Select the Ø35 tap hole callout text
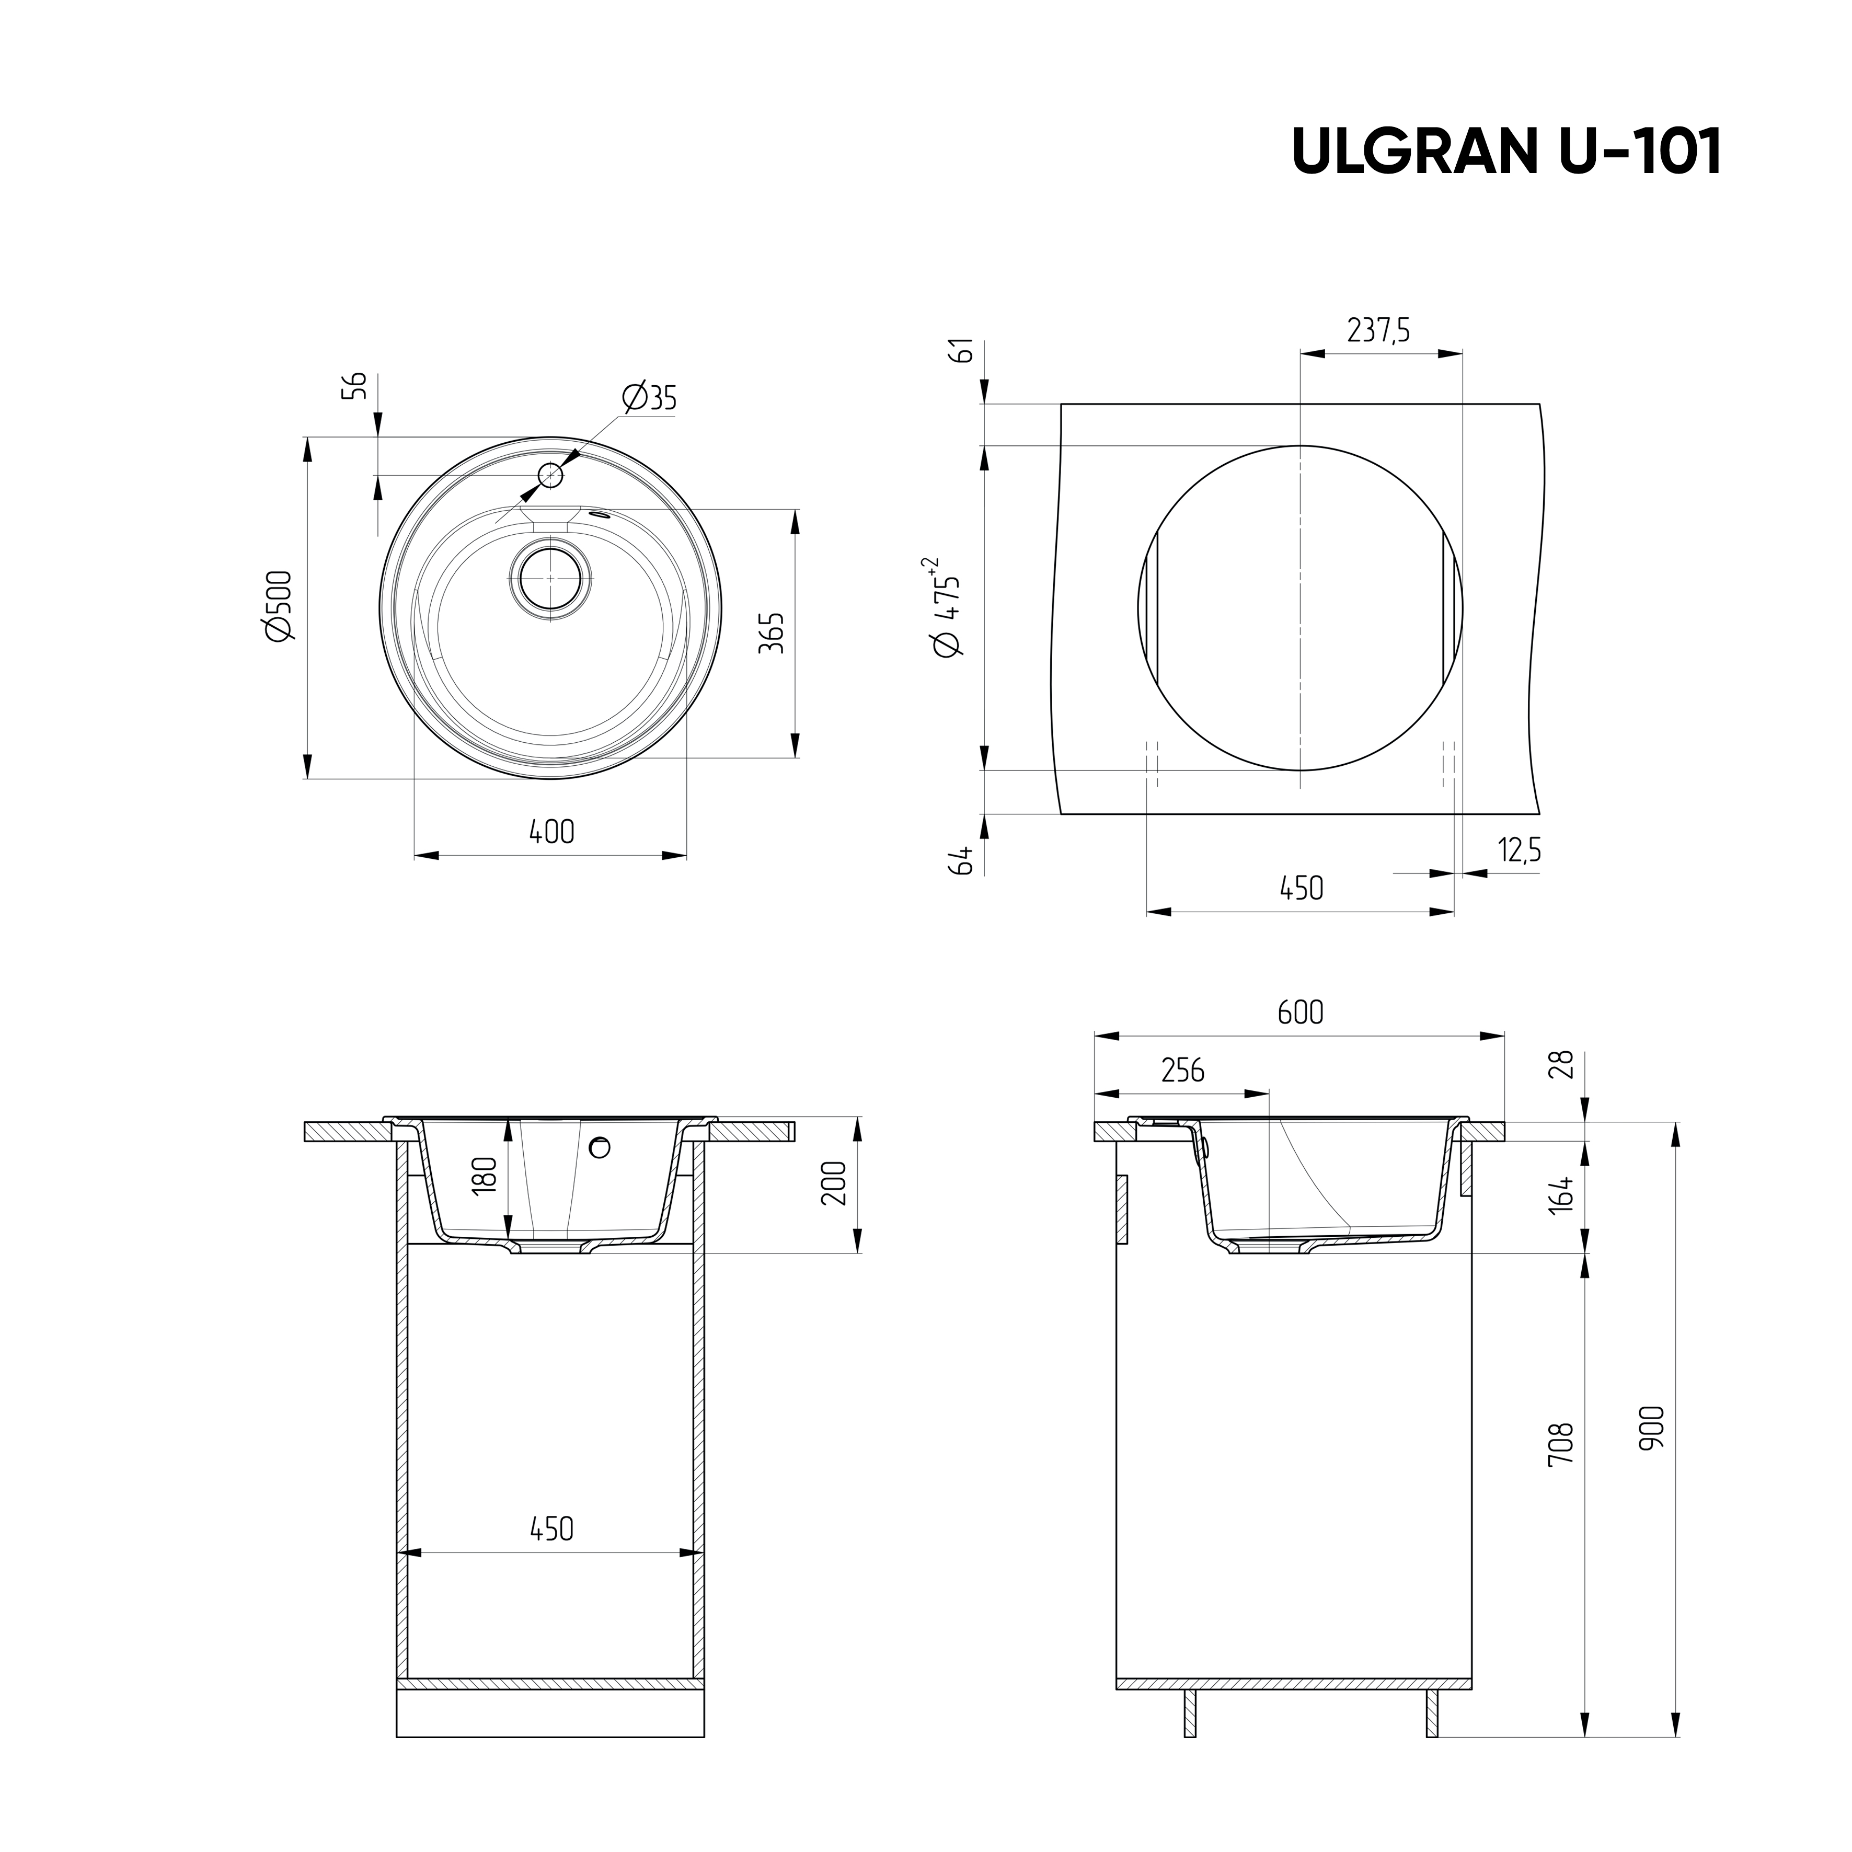click(649, 397)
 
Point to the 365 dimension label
click(773, 632)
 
